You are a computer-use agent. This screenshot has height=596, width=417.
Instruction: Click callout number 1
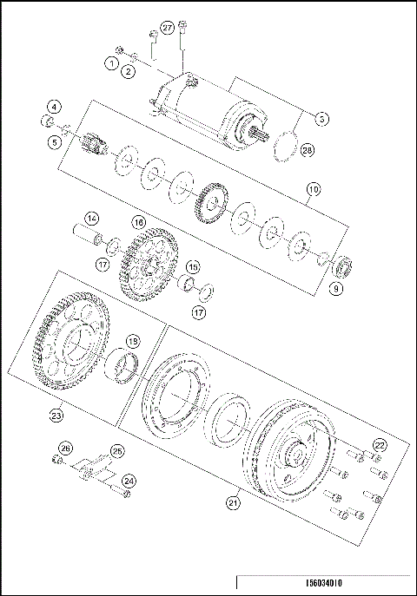(x=112, y=62)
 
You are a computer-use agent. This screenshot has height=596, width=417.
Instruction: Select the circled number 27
(x=168, y=29)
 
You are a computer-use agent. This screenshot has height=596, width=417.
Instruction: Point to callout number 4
(x=55, y=107)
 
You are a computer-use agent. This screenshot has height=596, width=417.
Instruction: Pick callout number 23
(x=56, y=416)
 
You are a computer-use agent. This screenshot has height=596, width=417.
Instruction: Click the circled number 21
(x=233, y=501)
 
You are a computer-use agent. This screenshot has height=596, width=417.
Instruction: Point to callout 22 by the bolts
(x=379, y=444)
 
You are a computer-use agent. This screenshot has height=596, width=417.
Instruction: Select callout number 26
(x=62, y=449)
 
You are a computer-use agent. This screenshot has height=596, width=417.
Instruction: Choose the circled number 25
(x=117, y=450)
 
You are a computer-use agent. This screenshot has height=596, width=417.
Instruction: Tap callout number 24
(x=129, y=480)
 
